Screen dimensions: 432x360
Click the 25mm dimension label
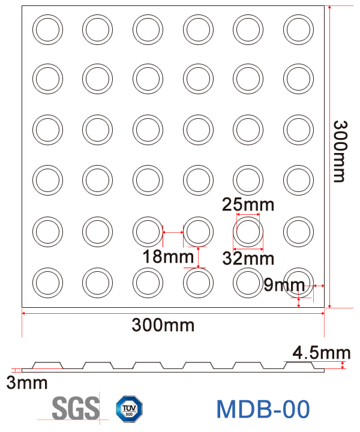(248, 205)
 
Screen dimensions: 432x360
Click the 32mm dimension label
(248, 259)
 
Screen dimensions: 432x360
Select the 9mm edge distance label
(285, 285)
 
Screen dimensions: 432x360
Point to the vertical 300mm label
(340, 151)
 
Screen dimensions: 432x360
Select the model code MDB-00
(263, 409)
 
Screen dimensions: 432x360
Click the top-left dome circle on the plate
(47, 29)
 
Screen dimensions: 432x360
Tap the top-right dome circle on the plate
(298, 29)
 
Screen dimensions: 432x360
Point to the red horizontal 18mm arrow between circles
(173, 232)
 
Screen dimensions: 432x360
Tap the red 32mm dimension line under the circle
(248, 249)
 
